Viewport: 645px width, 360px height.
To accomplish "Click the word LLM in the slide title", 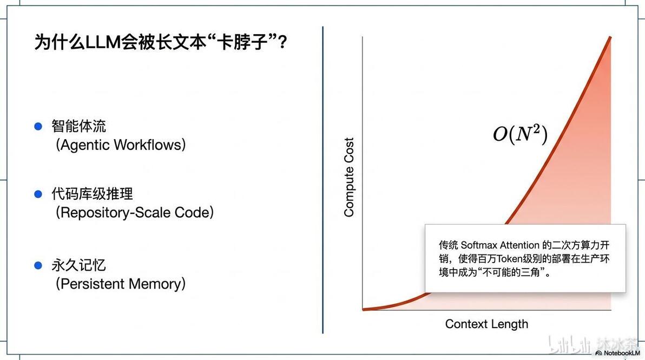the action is point(103,42).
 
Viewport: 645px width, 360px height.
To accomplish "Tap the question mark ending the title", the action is point(282,42).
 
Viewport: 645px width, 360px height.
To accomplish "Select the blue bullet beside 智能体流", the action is point(38,126).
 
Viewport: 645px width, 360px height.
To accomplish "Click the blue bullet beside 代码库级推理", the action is point(38,194).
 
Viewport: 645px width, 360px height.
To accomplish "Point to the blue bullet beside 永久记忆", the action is point(38,265).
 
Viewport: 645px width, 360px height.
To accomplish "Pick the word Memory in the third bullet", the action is point(155,284).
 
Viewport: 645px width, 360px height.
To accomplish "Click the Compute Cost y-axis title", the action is point(349,177).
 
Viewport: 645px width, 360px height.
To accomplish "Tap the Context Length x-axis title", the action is point(486,324).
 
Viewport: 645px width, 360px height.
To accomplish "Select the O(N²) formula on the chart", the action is point(521,134).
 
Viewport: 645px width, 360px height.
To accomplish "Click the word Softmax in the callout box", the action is point(478,245).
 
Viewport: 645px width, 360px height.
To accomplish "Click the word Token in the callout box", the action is point(509,259).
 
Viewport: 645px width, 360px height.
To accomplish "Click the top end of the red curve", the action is point(610,37).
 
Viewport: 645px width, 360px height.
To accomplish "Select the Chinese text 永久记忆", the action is point(78,265).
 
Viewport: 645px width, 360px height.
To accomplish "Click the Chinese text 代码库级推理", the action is point(92,194).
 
